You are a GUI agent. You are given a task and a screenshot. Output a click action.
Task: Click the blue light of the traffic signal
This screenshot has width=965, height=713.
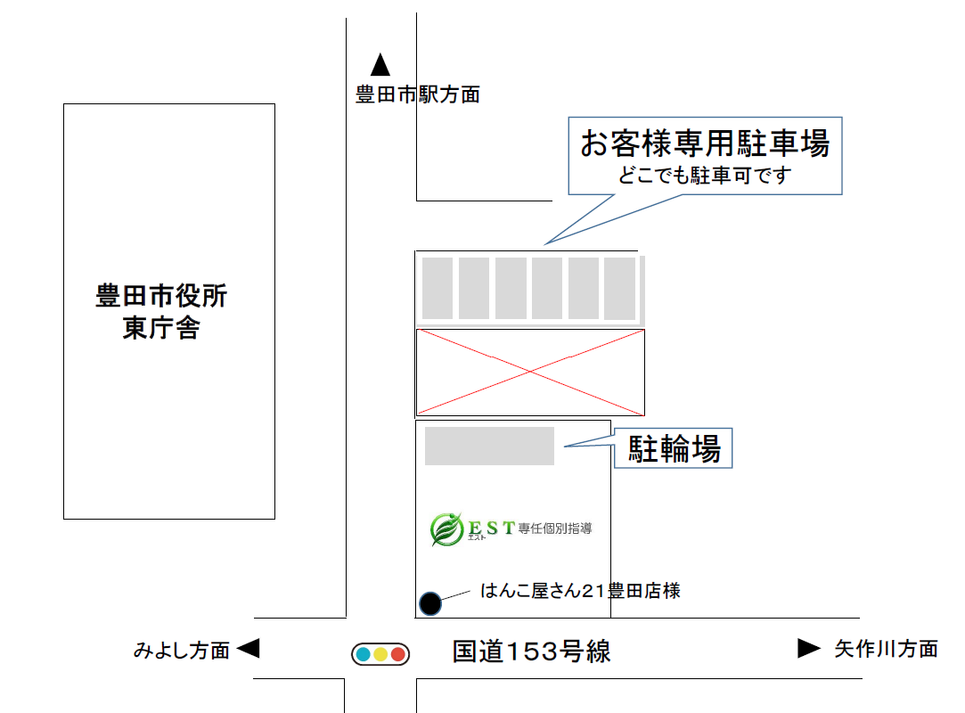pyautogui.click(x=364, y=654)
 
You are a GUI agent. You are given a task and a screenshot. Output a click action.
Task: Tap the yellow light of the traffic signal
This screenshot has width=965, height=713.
pyautogui.click(x=380, y=654)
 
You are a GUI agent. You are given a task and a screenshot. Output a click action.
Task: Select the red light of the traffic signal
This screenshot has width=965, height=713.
pyautogui.click(x=398, y=654)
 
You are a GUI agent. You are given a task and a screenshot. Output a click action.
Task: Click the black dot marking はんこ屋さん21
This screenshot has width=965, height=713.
pyautogui.click(x=430, y=603)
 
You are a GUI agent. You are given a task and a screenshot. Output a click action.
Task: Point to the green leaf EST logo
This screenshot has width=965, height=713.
pyautogui.click(x=446, y=529)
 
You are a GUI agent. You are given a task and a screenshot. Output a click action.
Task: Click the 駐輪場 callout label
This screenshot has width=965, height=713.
pyautogui.click(x=674, y=448)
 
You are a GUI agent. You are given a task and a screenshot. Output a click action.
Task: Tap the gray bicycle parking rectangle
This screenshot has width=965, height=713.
pyautogui.click(x=489, y=446)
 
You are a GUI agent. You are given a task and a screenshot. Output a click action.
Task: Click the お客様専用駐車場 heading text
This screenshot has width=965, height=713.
pyautogui.click(x=706, y=143)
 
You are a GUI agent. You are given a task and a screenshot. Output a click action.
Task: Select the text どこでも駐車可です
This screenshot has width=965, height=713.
pyautogui.click(x=705, y=176)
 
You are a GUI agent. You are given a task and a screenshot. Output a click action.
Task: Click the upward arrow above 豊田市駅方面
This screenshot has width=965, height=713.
pyautogui.click(x=380, y=65)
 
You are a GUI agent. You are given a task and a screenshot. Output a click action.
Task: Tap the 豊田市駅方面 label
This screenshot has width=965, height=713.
pyautogui.click(x=418, y=94)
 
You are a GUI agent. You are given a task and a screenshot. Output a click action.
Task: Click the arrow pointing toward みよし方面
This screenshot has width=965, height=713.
pyautogui.click(x=249, y=648)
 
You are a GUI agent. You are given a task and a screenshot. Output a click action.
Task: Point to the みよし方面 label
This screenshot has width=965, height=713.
pyautogui.click(x=182, y=651)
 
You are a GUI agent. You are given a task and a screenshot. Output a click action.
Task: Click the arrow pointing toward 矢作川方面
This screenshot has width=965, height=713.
pyautogui.click(x=809, y=648)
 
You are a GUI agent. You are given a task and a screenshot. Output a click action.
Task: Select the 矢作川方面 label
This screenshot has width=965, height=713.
pyautogui.click(x=887, y=648)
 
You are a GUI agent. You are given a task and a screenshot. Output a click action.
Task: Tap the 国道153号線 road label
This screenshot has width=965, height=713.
pyautogui.click(x=532, y=652)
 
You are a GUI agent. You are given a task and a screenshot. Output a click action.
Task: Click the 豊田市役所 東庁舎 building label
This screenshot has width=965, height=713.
pyautogui.click(x=161, y=312)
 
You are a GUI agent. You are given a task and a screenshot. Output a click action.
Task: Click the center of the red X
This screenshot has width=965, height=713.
pyautogui.click(x=530, y=372)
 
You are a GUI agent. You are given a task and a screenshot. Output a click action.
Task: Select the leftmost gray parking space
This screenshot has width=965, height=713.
pyautogui.click(x=438, y=288)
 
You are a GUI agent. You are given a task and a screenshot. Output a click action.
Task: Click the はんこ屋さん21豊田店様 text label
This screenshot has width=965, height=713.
pyautogui.click(x=580, y=591)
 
